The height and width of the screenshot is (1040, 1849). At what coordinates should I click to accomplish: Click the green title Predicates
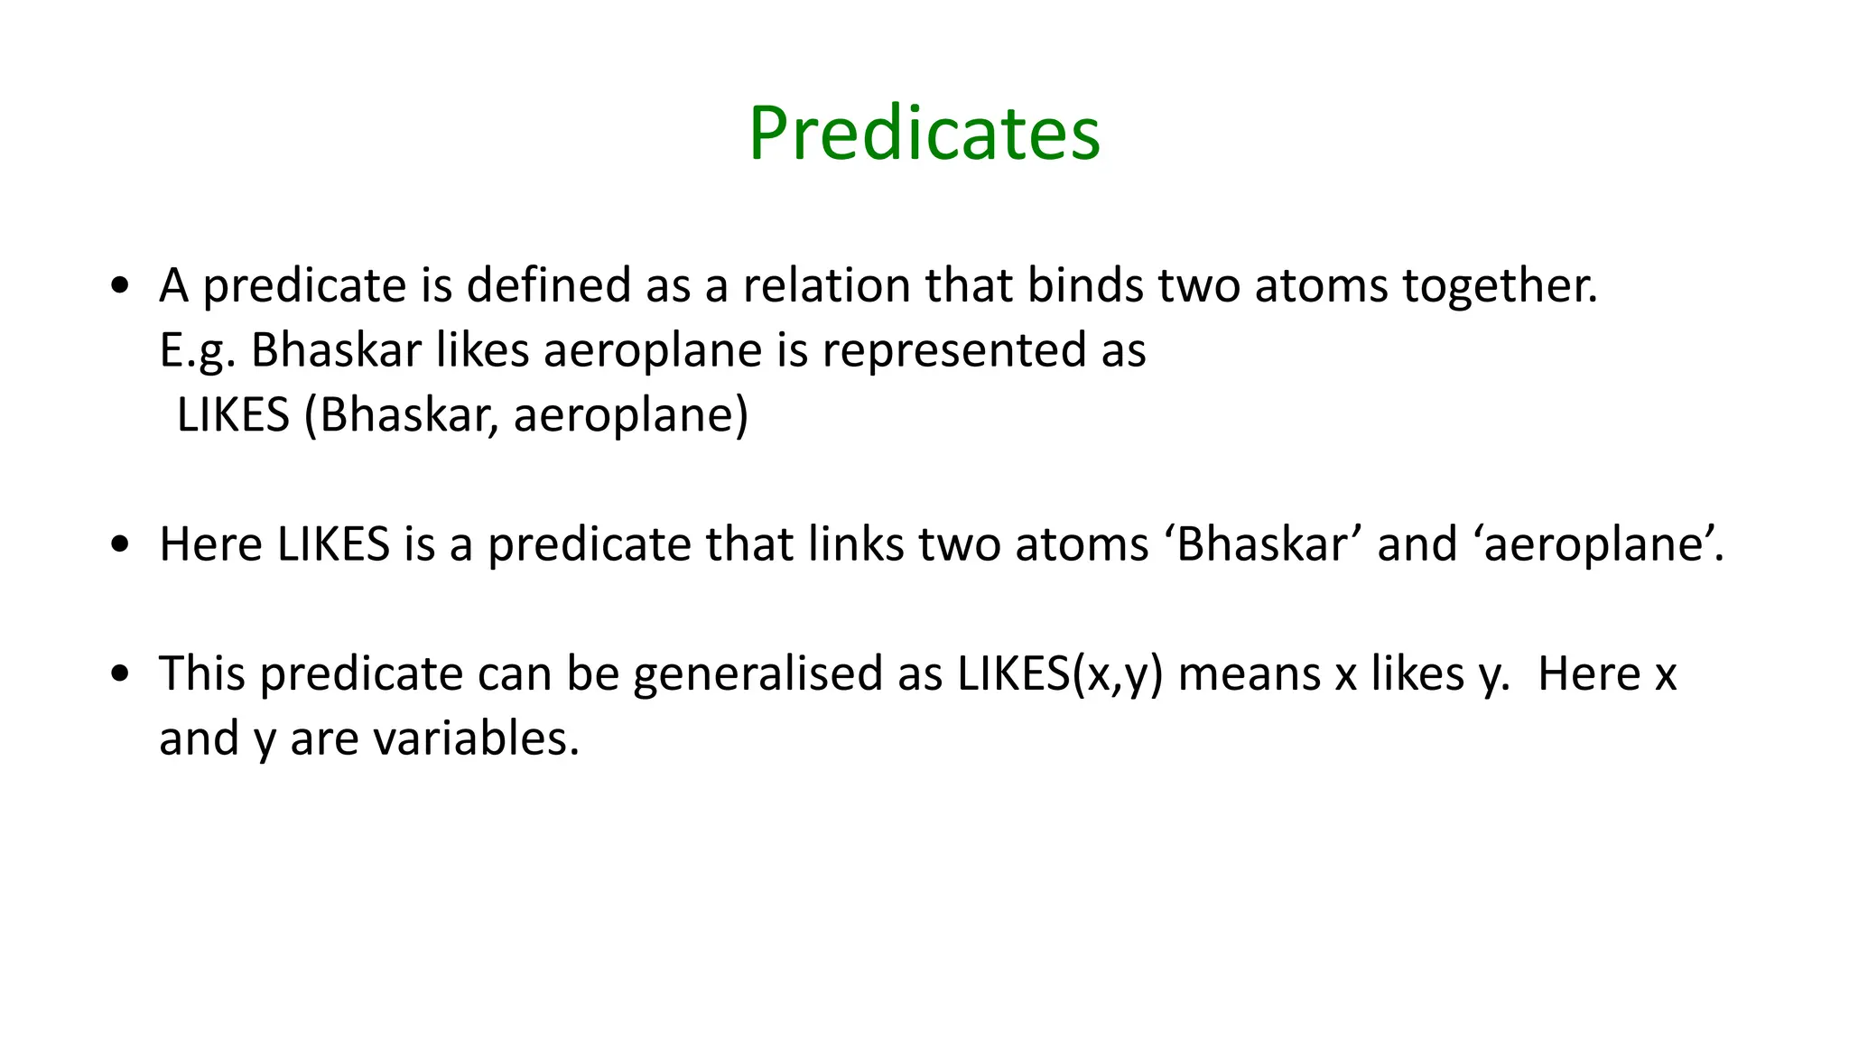(924, 134)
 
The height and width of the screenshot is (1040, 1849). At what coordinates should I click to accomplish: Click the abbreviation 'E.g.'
(198, 351)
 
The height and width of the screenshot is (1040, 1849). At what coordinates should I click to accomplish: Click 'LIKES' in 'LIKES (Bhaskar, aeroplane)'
(233, 415)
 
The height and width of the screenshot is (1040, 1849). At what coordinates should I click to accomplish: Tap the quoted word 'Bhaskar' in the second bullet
(1263, 544)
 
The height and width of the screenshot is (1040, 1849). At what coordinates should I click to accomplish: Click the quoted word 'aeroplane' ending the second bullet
(1598, 544)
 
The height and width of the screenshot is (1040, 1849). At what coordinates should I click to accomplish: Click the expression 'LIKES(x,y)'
(1060, 674)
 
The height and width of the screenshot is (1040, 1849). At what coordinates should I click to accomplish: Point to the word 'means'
(1250, 674)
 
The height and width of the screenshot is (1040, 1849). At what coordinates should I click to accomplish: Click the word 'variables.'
(476, 738)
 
